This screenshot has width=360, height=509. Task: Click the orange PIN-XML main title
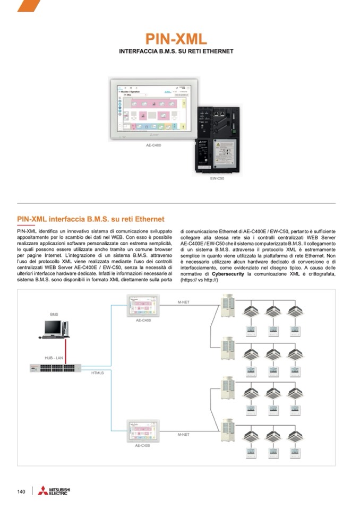176,39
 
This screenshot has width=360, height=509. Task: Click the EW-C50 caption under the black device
218,179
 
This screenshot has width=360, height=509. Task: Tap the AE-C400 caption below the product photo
153,145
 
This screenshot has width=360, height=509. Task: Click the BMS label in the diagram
54,315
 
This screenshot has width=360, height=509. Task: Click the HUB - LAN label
54,358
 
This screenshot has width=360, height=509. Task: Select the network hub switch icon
55,367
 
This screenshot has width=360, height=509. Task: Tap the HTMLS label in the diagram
98,374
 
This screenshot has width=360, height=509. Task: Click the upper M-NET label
183,302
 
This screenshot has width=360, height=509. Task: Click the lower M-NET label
183,435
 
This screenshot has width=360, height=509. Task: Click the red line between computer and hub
65,350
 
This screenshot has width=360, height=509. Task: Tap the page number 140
21,491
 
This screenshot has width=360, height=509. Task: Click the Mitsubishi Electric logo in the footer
53,491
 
